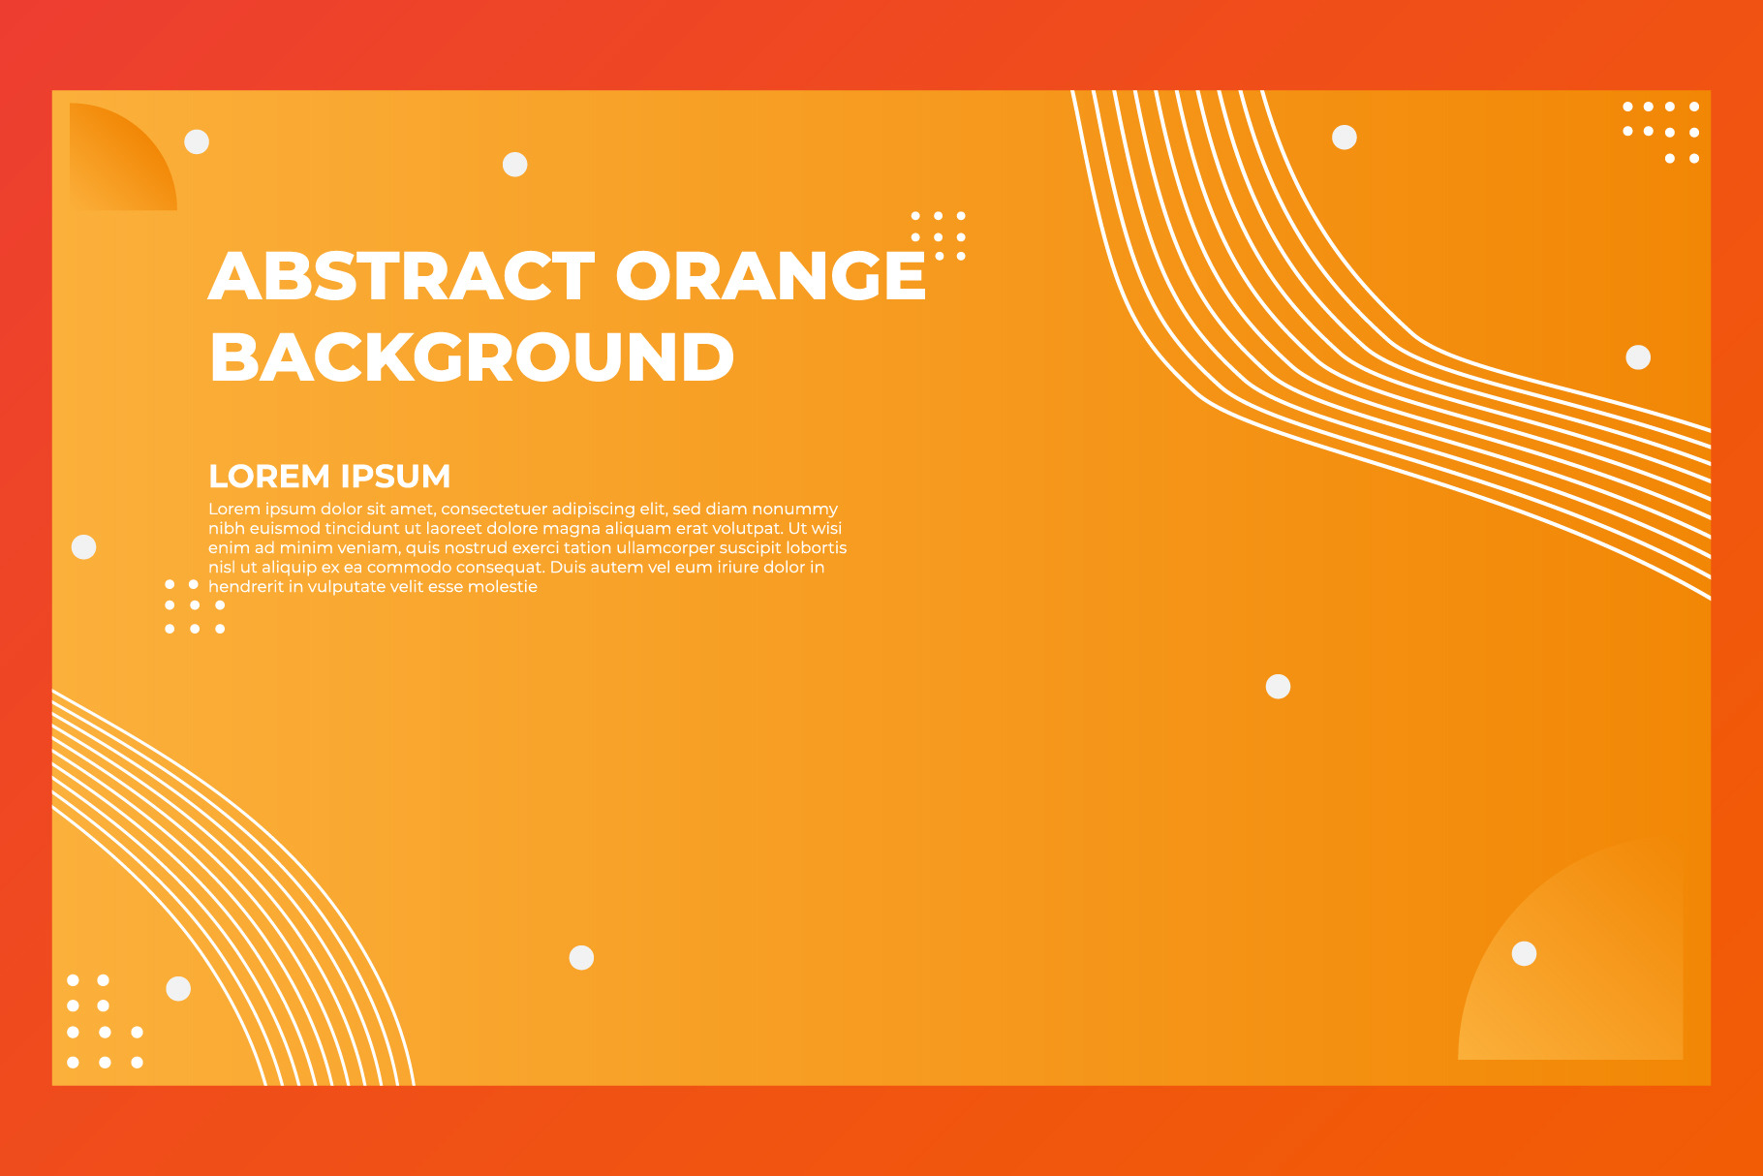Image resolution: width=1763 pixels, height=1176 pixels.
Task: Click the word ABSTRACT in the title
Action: point(402,276)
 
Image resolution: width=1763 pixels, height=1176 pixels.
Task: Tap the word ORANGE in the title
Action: point(771,276)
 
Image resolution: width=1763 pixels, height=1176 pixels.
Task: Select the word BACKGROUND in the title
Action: point(472,357)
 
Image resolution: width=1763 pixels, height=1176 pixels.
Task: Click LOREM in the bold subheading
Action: point(269,477)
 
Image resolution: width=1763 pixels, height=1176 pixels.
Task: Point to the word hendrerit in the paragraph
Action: point(246,586)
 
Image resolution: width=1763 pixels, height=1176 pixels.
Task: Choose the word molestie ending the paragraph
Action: point(503,586)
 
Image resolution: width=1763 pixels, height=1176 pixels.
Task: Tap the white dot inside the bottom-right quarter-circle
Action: point(1525,954)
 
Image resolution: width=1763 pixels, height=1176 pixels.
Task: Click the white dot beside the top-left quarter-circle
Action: point(197,141)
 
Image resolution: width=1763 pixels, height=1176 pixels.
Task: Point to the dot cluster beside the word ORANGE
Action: point(939,235)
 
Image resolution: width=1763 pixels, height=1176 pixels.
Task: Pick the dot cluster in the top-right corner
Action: point(1661,132)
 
